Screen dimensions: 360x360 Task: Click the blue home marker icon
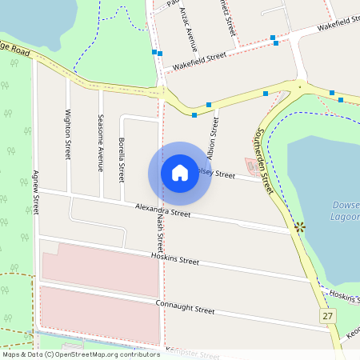coord(180,173)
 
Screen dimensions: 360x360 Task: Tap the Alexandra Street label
coord(162,210)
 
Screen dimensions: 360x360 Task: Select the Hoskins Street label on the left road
coord(175,260)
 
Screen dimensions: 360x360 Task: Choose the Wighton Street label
coord(68,134)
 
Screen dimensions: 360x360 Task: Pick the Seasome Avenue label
coord(101,142)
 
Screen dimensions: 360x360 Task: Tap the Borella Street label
coord(121,158)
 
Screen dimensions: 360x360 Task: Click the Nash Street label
coord(160,232)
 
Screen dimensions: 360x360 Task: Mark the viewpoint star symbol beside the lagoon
coord(300,227)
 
